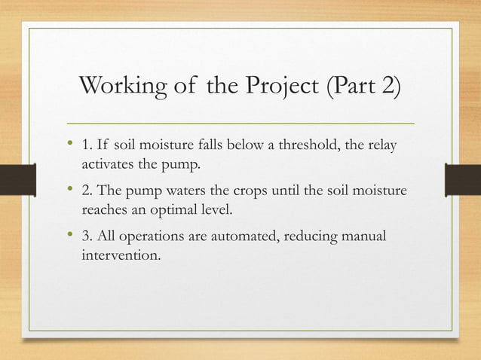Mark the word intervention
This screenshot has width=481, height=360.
(121, 256)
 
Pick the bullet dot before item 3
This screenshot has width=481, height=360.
(70, 238)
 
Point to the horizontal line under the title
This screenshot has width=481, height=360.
(241, 122)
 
